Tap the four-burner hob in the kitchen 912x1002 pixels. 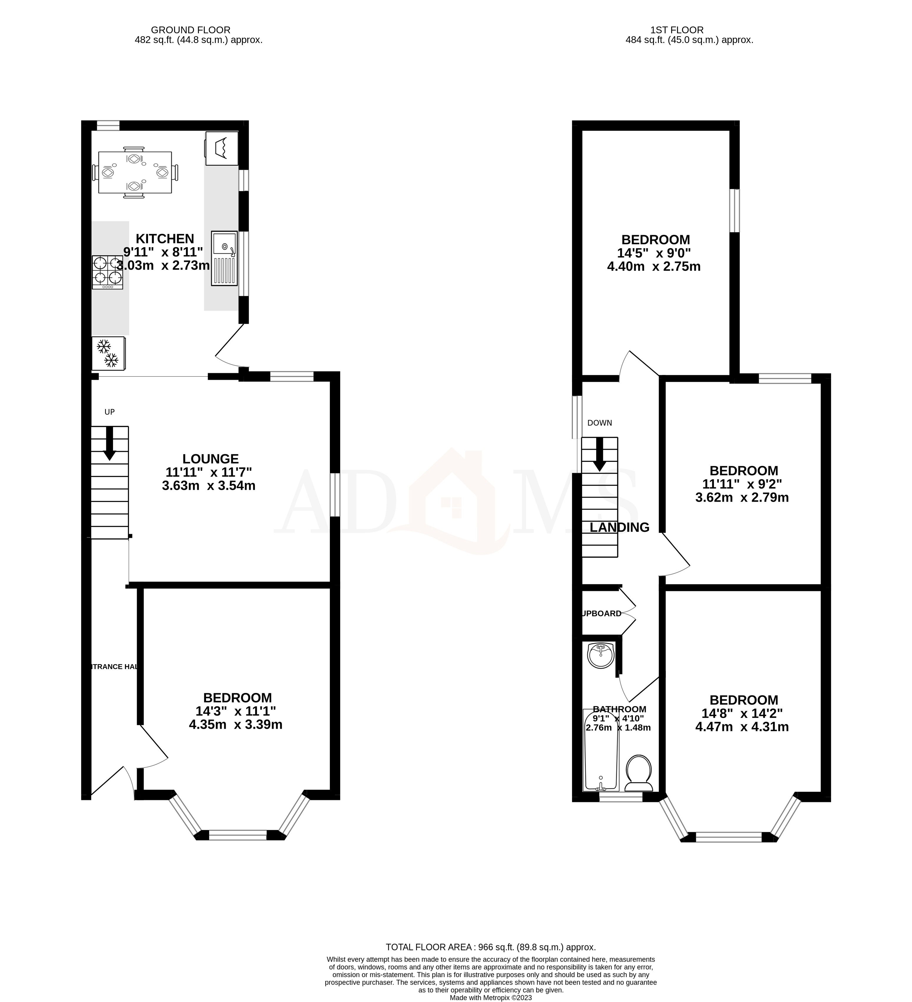point(107,272)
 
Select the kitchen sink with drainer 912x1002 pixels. point(224,258)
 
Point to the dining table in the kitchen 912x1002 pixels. point(135,172)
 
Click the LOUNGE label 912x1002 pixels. point(210,459)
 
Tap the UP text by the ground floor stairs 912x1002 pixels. point(109,412)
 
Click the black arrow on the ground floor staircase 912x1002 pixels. point(109,443)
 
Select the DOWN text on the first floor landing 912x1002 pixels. point(599,423)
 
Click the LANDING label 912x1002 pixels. point(619,527)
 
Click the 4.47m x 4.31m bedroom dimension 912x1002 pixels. point(742,727)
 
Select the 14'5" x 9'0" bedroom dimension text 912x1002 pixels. point(654,253)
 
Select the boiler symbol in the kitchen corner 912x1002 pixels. point(222,148)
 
